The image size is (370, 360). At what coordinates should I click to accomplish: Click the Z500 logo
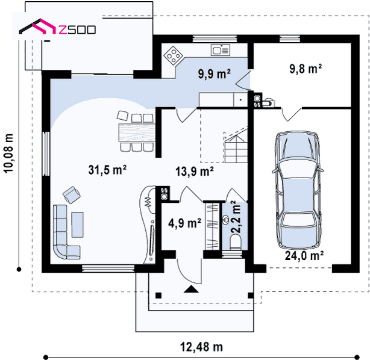pos(57,27)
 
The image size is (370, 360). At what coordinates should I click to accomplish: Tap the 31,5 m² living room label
pos(107,170)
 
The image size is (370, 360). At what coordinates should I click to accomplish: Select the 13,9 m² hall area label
pos(195,171)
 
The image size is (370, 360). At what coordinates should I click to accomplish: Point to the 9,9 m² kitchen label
pos(215,74)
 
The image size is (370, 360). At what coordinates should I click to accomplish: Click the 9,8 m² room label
pos(306,69)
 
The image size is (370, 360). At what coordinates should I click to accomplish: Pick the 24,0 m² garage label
pos(304,255)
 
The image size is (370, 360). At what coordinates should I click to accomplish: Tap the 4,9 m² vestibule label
pos(184,223)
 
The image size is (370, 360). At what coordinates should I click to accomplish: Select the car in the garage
pos(297,190)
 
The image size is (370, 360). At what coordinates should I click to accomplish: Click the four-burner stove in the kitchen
pos(174,55)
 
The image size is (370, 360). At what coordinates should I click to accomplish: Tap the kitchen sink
pos(221,50)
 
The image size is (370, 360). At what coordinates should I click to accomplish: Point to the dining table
pos(137,132)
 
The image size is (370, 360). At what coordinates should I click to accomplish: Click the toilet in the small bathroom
pos(236,243)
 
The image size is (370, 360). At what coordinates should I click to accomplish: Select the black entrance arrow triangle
pos(191,289)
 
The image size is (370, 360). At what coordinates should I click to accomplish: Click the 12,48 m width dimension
pos(201,347)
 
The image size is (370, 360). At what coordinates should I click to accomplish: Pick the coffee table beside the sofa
pos(77,225)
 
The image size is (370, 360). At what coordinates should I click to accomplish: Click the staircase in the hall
pos(236,146)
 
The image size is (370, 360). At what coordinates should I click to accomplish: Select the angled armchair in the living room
pos(71,194)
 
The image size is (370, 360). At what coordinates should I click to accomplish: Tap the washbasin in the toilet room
pos(226,220)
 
